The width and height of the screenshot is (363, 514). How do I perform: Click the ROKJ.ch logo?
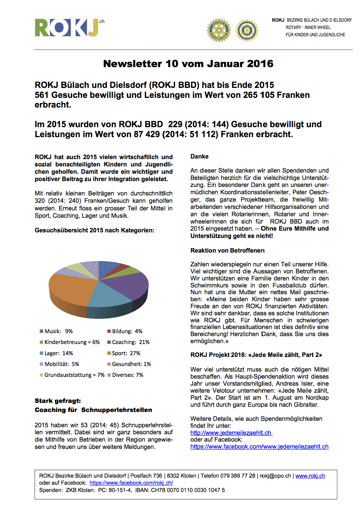[x=69, y=28]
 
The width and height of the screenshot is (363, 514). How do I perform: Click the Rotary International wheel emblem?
[x=218, y=30]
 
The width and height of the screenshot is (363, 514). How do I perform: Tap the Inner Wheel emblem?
[x=247, y=30]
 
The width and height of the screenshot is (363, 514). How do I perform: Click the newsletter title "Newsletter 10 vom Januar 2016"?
[x=188, y=64]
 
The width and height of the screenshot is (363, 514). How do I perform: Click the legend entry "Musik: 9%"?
[x=56, y=331]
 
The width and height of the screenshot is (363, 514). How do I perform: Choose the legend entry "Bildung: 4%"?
[x=125, y=331]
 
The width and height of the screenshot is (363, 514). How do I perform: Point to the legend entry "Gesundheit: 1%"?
[x=129, y=364]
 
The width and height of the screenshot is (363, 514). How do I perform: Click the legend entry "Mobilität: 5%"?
[x=59, y=364]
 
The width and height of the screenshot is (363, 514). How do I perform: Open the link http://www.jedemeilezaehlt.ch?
[x=231, y=433]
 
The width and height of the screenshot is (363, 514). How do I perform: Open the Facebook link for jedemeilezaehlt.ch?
[x=259, y=447]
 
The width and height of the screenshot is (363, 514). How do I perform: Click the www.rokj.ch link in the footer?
[x=310, y=476]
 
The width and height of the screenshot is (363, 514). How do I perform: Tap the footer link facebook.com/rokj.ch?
[x=131, y=483]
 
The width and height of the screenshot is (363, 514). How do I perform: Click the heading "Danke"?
[x=199, y=156]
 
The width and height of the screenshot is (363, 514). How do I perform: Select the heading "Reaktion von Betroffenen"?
[x=227, y=251]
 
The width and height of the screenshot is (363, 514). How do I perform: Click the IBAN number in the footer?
[x=188, y=490]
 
